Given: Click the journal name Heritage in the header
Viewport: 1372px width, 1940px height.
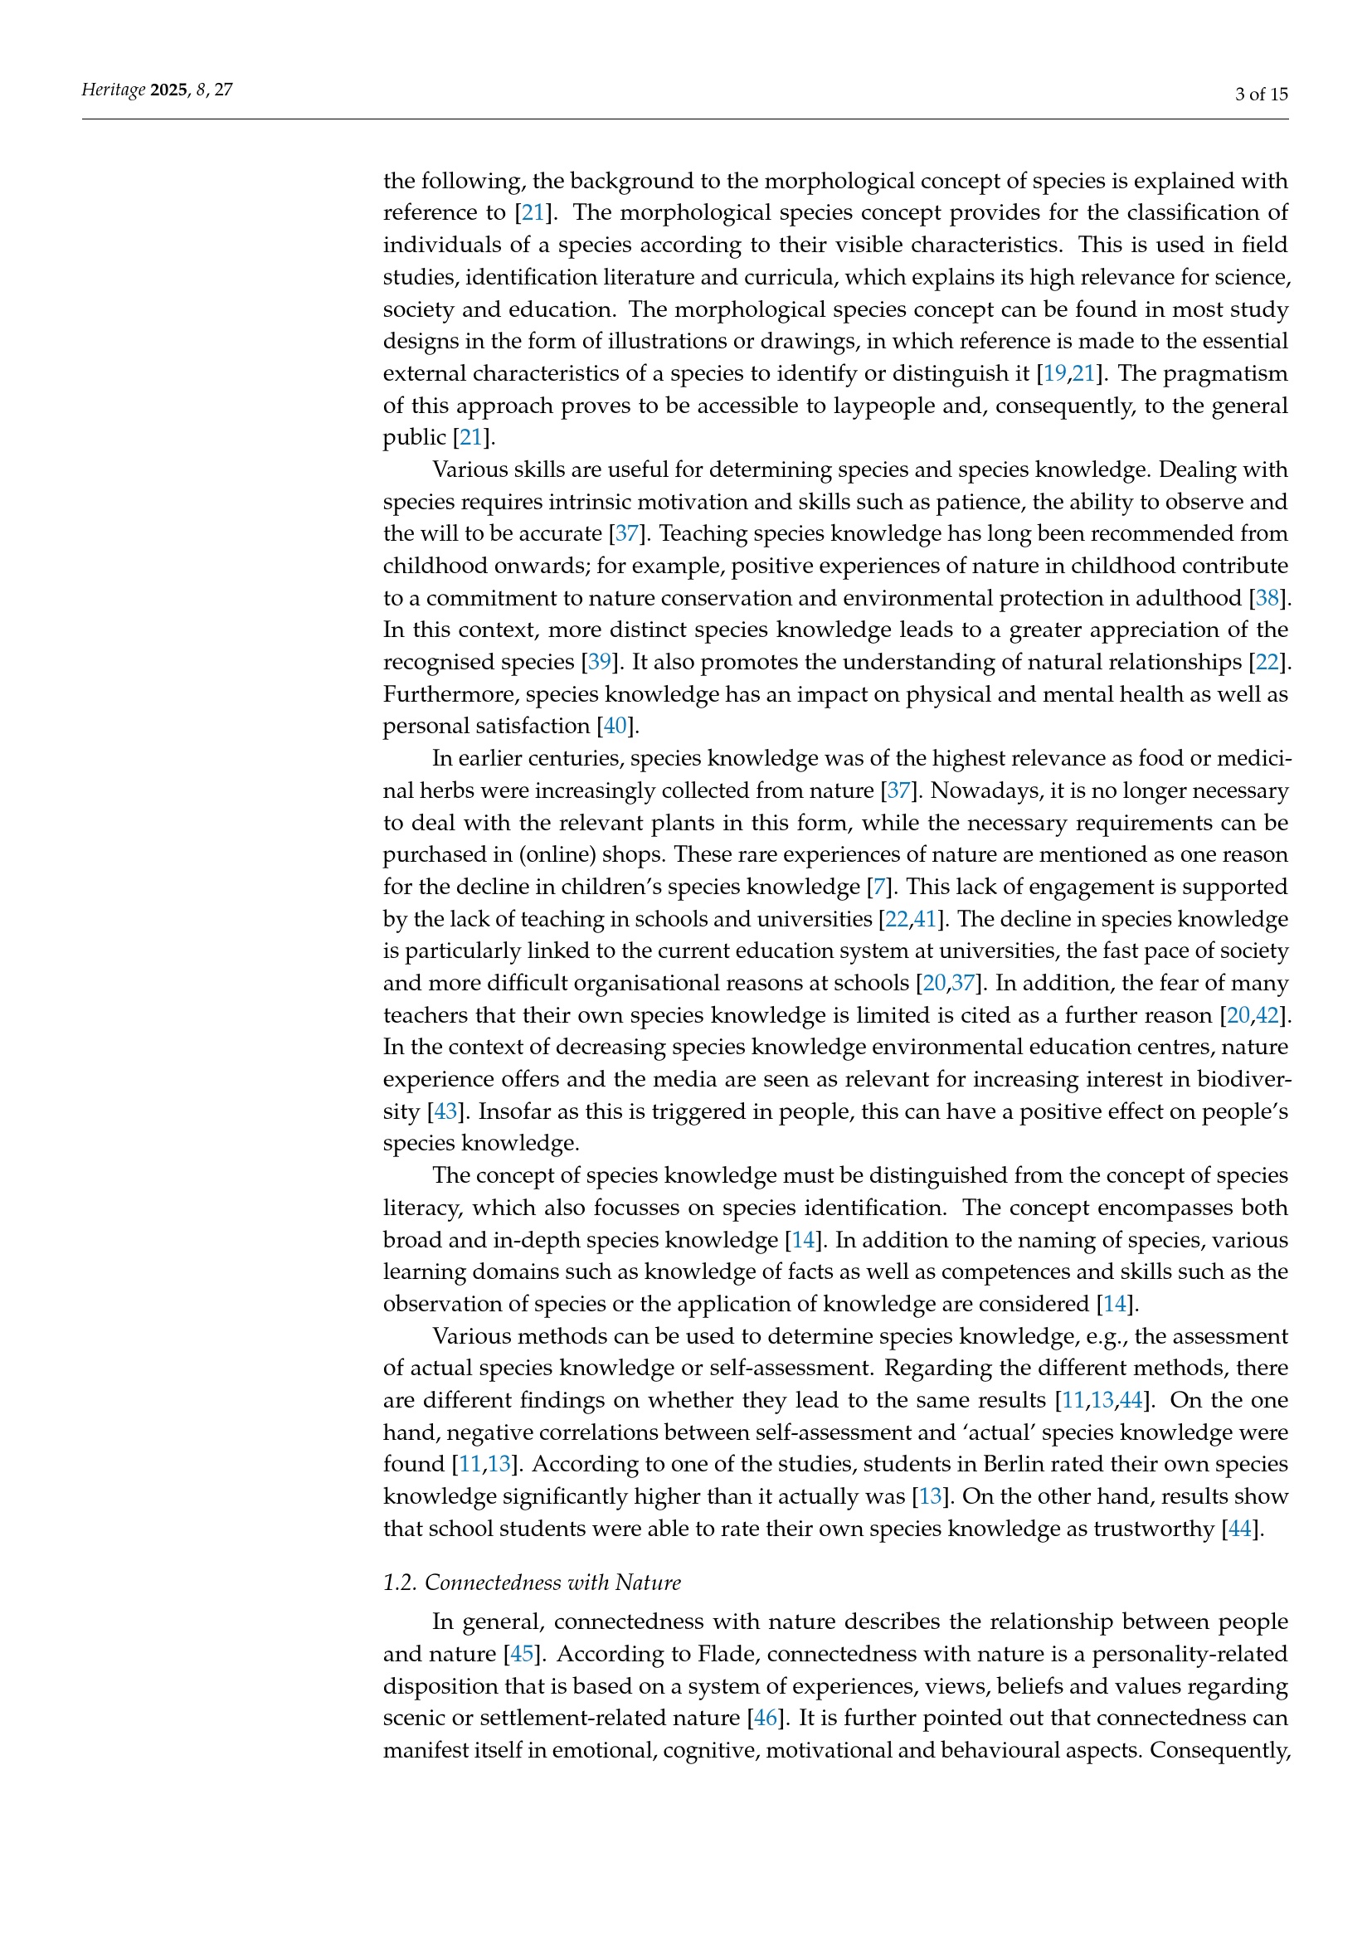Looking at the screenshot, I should (113, 90).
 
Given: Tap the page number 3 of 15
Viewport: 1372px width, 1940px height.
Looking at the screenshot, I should (1261, 94).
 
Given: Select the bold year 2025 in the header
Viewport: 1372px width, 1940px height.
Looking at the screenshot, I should (169, 90).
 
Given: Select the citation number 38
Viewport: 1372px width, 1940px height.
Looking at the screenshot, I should (1267, 597).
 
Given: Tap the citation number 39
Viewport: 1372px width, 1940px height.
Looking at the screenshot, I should (599, 661).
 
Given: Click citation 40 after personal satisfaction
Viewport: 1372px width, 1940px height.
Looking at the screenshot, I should (615, 725).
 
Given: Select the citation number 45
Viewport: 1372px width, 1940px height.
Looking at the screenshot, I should (521, 1654).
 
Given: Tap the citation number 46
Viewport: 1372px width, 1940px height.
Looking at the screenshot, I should (765, 1718).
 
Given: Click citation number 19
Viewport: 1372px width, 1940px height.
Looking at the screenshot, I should (1055, 372).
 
